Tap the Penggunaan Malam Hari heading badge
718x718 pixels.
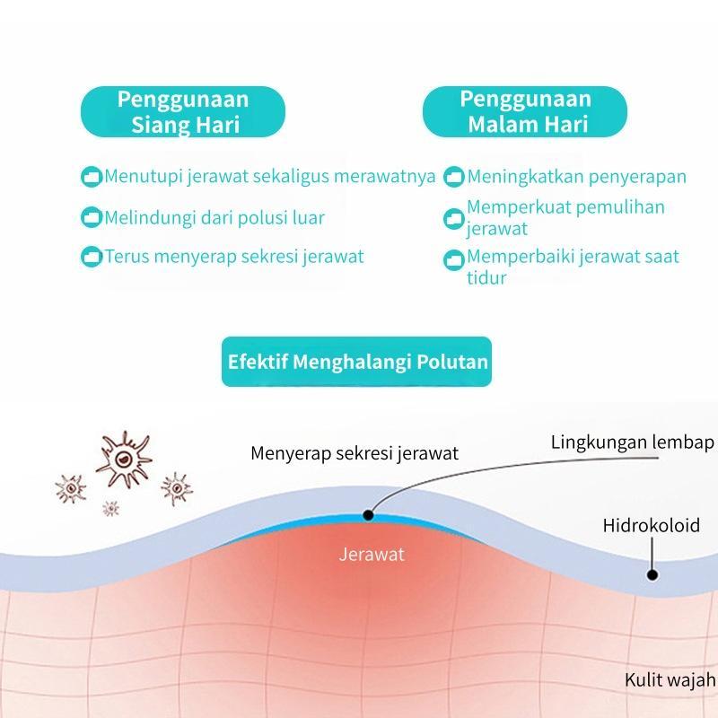point(525,111)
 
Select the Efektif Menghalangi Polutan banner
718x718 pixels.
point(357,362)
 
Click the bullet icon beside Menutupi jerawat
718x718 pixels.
point(92,177)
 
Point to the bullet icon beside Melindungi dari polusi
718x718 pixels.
point(92,217)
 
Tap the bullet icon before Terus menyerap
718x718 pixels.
point(92,257)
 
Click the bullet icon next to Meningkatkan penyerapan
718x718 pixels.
point(454,177)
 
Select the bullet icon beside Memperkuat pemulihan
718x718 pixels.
point(454,218)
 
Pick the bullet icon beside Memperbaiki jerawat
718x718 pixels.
point(454,260)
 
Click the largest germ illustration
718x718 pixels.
point(123,458)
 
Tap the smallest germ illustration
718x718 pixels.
point(110,509)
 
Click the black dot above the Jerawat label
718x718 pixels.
point(367,515)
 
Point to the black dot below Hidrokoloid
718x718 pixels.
point(652,574)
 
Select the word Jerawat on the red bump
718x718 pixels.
point(372,554)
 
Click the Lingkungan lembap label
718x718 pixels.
point(632,442)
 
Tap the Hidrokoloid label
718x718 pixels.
point(651,525)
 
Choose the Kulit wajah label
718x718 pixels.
point(670,679)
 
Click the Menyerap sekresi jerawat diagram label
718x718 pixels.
point(355,453)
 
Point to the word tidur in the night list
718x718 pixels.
point(486,278)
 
